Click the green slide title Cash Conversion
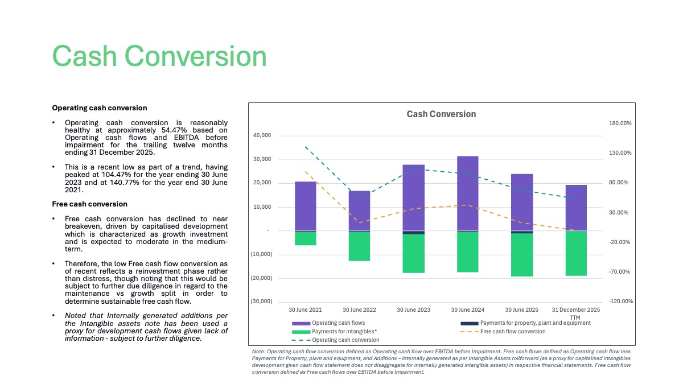click(x=159, y=56)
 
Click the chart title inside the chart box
click(x=441, y=114)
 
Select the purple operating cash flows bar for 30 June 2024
click(x=468, y=193)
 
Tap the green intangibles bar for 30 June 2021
click(x=306, y=238)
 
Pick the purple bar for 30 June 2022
click(x=360, y=211)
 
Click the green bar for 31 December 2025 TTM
click(x=576, y=253)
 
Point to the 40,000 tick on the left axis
click(x=262, y=135)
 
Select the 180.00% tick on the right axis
click(x=620, y=123)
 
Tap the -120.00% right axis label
click(x=621, y=301)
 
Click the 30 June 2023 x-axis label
click(x=413, y=309)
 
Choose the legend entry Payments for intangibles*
click(x=335, y=332)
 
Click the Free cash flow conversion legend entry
click(x=503, y=332)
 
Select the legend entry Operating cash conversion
click(x=335, y=340)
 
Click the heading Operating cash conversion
click(x=100, y=108)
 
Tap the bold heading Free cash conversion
click(x=90, y=204)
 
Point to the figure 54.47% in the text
click(x=174, y=130)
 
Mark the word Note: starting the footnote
click(x=258, y=352)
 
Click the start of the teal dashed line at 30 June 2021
click(x=306, y=147)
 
